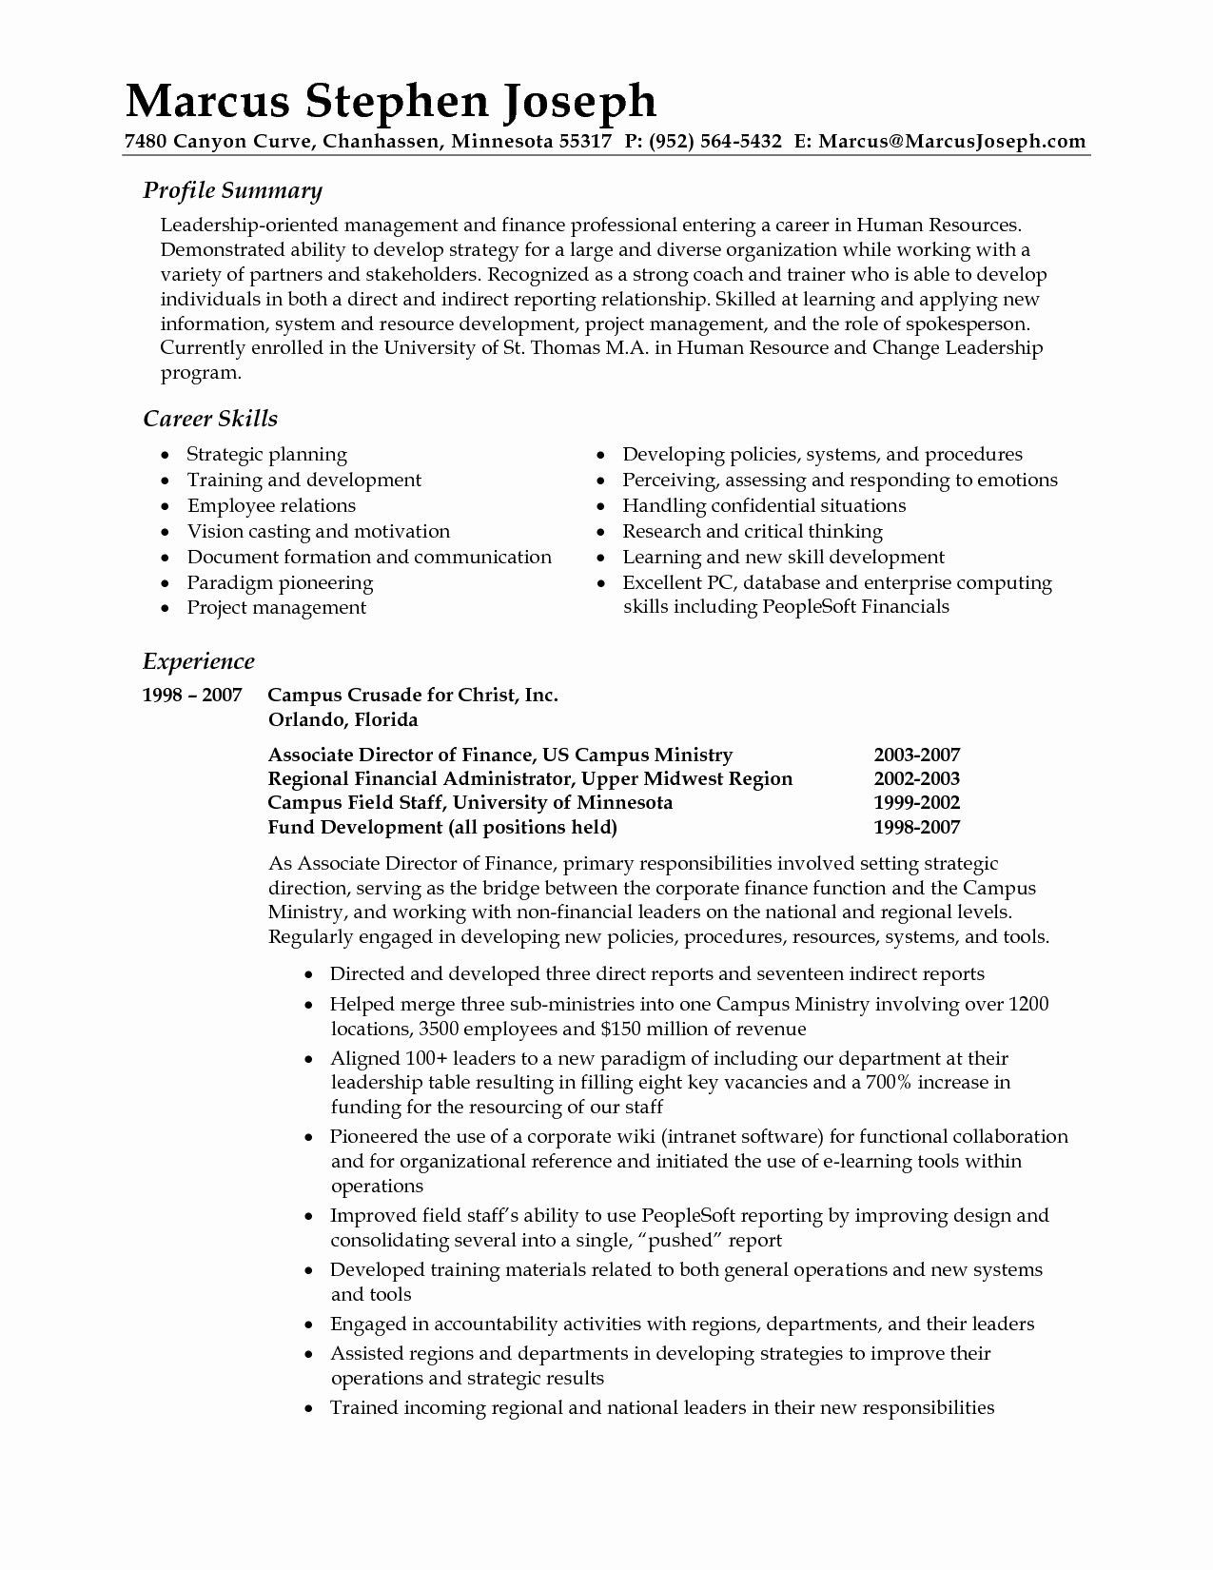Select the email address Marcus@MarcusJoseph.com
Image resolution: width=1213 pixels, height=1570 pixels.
[x=951, y=142]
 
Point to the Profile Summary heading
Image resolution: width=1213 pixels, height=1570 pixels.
[x=232, y=190]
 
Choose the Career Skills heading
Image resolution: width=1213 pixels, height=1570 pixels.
[x=209, y=419]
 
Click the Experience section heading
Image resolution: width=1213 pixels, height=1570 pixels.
[x=198, y=661]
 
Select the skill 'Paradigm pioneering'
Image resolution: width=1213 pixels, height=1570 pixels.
[x=280, y=582]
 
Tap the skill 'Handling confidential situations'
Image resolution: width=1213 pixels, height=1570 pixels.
[x=764, y=505]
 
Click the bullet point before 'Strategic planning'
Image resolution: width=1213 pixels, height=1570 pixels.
[x=166, y=455]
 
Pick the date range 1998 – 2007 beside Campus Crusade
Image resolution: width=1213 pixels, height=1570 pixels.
[x=191, y=696]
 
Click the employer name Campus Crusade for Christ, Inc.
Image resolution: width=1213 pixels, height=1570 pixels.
[x=413, y=696]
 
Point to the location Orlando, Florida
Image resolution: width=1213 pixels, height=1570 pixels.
[x=342, y=719]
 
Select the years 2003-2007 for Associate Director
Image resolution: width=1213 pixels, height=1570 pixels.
[x=916, y=756]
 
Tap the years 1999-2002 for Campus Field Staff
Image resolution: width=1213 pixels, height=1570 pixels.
[x=916, y=802]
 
